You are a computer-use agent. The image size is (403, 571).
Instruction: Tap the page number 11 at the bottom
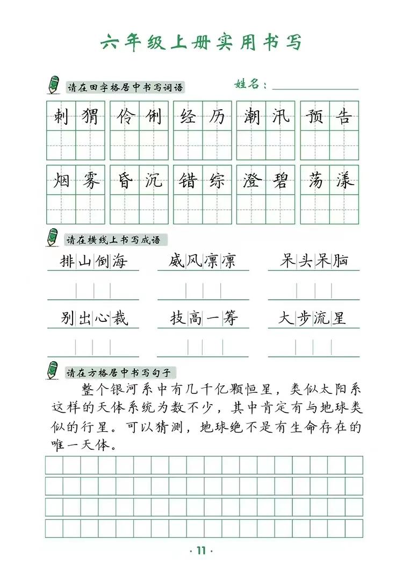click(x=201, y=550)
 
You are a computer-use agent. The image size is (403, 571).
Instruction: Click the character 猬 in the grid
click(x=89, y=116)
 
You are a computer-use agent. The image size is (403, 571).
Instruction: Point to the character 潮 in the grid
click(x=251, y=116)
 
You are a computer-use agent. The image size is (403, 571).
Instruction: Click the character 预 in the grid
click(x=314, y=116)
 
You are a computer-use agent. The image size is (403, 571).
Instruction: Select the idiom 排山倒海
click(x=94, y=262)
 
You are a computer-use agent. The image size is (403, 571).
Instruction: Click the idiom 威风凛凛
click(x=203, y=262)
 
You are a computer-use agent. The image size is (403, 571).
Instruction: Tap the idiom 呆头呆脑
click(x=314, y=262)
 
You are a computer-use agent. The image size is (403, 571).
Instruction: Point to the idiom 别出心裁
click(x=94, y=319)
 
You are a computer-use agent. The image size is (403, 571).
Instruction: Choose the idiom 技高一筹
click(x=204, y=319)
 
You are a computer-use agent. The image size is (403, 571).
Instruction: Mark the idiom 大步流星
click(x=314, y=319)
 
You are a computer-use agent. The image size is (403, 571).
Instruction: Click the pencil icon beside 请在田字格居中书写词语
click(x=53, y=84)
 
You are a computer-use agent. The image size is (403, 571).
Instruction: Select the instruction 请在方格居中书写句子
click(x=119, y=372)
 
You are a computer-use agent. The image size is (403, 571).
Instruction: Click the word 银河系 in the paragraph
click(x=138, y=389)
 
